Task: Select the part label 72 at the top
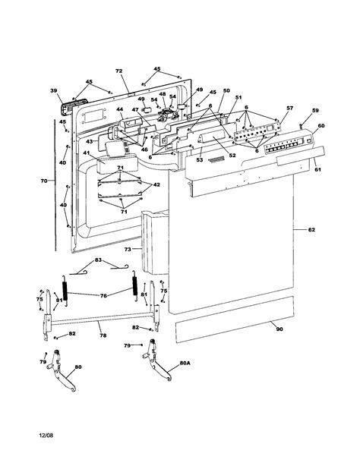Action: [118, 71]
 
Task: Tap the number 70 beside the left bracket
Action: [44, 181]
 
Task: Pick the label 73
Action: [128, 249]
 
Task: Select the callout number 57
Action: [289, 109]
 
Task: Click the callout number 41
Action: [86, 153]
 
